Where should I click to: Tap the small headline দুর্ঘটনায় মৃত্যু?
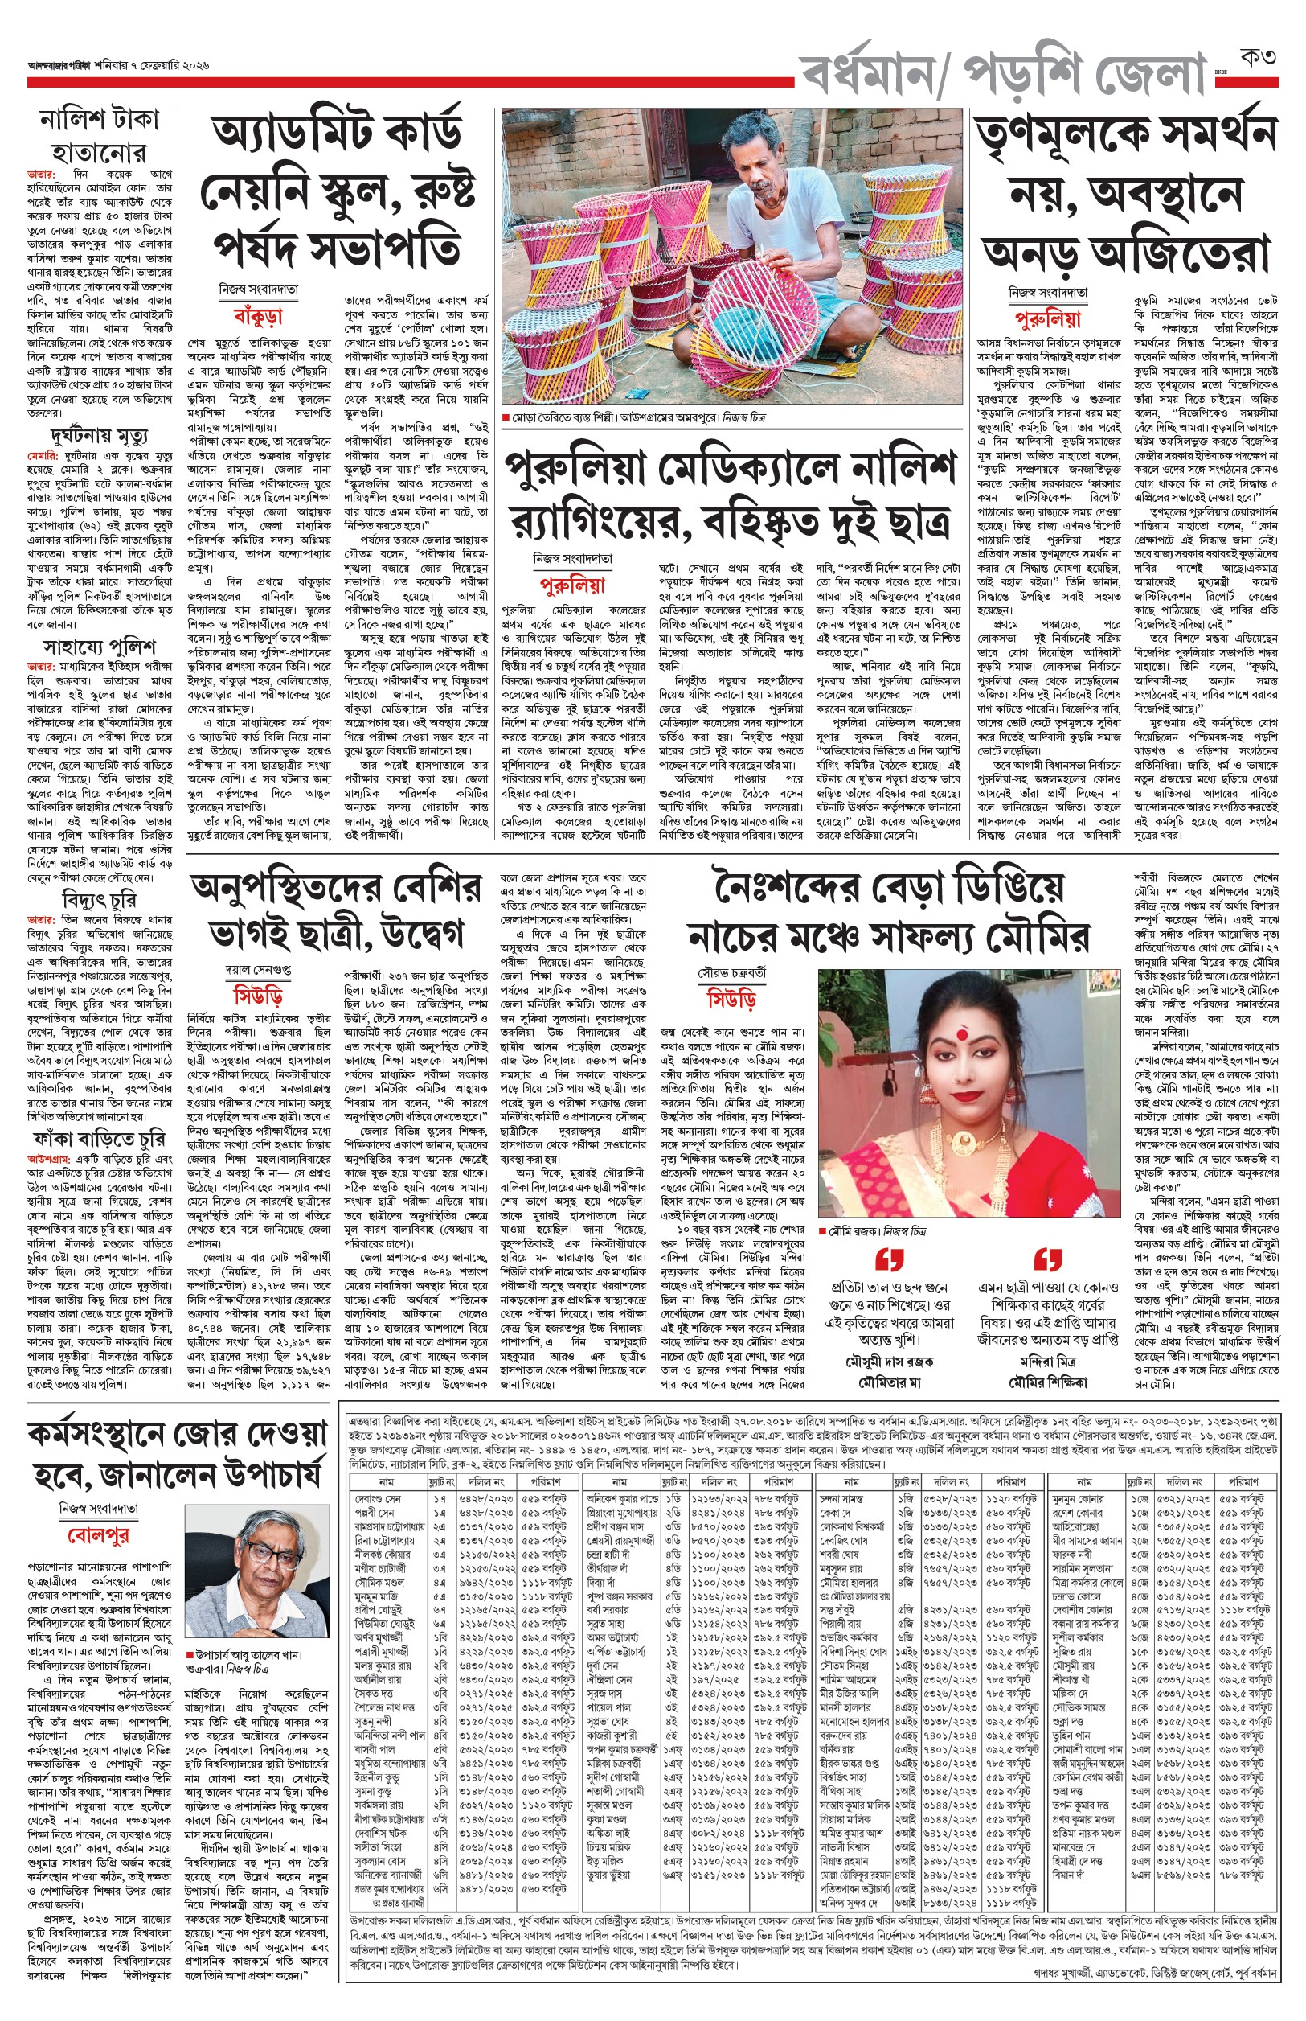click(x=99, y=437)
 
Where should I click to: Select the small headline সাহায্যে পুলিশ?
click(x=99, y=647)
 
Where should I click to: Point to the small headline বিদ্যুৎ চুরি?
click(x=99, y=899)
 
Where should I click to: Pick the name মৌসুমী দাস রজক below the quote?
click(x=889, y=1361)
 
